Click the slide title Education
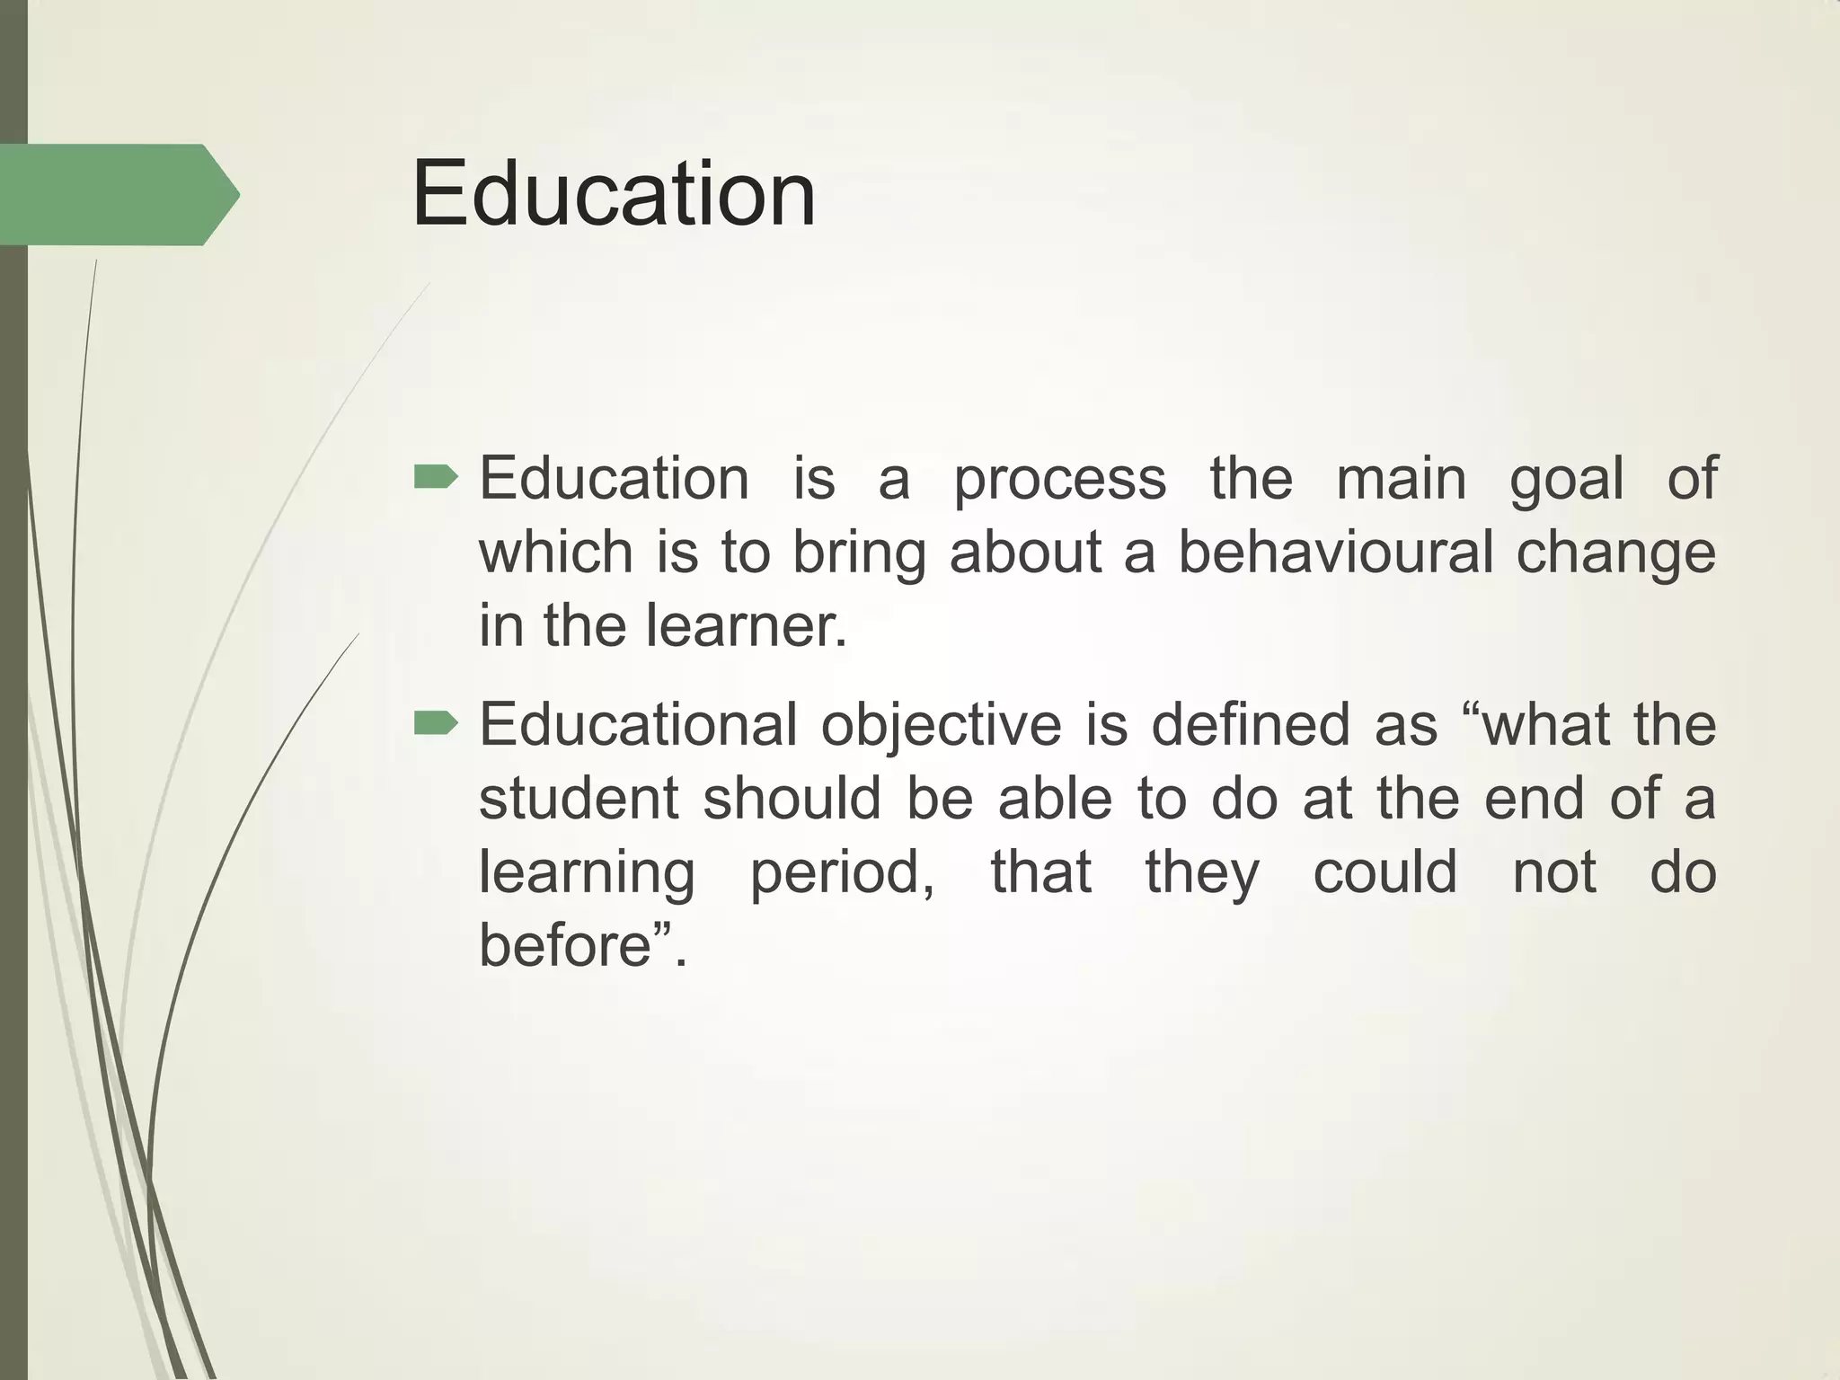(x=614, y=194)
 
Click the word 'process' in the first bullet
(x=1060, y=480)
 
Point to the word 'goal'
(x=1567, y=480)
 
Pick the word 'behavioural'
(x=1335, y=552)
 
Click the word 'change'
(x=1616, y=553)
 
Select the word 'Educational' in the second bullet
(x=638, y=724)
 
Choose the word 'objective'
(x=942, y=726)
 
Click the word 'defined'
(x=1251, y=724)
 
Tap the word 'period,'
(x=843, y=873)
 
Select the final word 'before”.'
(x=582, y=945)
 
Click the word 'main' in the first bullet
(x=1401, y=478)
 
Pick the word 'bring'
(x=859, y=553)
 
